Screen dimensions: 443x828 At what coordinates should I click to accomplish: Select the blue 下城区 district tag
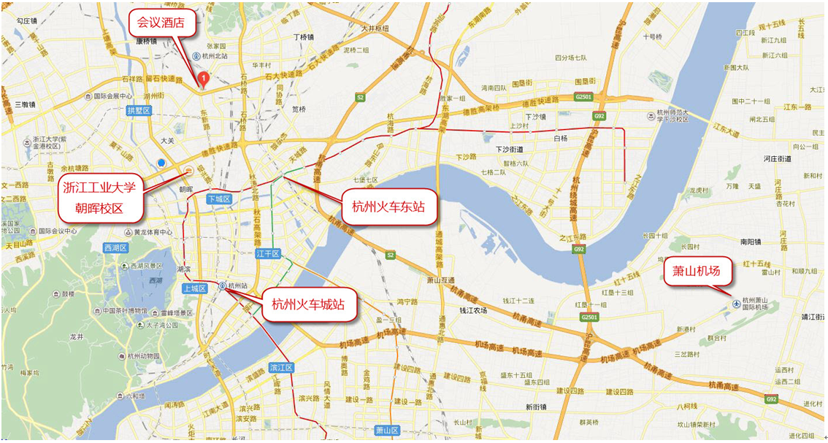[x=219, y=199]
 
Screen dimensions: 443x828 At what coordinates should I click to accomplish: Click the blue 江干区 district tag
[x=268, y=254]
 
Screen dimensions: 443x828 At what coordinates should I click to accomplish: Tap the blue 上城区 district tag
[x=196, y=289]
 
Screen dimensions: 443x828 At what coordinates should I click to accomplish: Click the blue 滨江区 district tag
[x=281, y=367]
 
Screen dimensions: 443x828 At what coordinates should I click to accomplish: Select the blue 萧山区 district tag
[x=388, y=431]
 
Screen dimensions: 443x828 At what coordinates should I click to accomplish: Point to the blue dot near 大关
[x=161, y=163]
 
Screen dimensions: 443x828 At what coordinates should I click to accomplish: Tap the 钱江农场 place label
[x=473, y=310]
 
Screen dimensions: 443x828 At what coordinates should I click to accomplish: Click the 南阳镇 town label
[x=751, y=241]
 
